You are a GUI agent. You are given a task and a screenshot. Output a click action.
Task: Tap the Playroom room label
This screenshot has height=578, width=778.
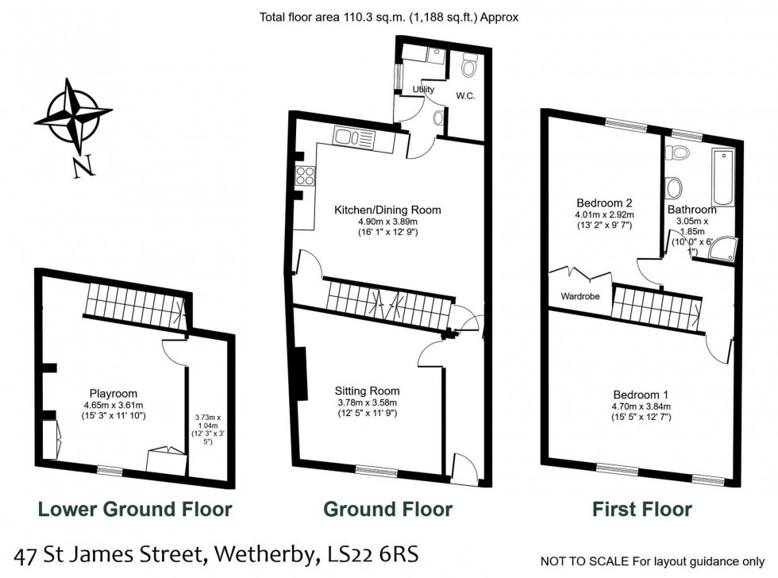[x=113, y=393]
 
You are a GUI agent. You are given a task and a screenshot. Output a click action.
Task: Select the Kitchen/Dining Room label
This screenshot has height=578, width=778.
[x=387, y=210]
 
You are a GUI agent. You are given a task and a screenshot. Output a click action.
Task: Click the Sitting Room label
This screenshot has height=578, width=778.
[x=367, y=391]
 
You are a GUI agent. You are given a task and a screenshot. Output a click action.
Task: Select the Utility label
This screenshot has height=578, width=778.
[x=423, y=90]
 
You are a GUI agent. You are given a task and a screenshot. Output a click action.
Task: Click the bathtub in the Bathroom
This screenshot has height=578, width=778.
[x=723, y=176]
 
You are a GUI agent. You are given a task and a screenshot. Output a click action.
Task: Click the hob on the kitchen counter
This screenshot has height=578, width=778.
[x=304, y=175]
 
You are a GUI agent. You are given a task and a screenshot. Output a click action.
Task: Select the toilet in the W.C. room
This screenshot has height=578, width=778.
[x=468, y=67]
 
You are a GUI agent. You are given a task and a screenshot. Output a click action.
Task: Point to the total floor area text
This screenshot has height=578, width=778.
[x=388, y=15]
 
